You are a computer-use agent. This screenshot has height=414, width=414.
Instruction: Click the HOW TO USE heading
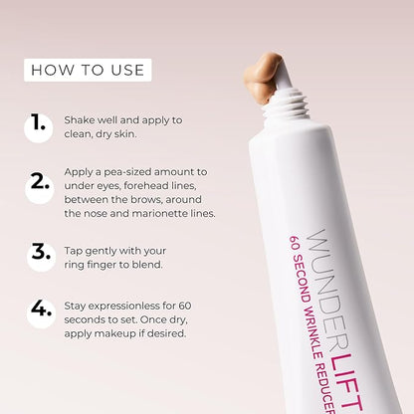click(88, 70)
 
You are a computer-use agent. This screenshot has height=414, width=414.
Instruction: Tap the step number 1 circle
click(39, 127)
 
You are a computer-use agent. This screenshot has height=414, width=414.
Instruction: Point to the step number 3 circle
click(41, 257)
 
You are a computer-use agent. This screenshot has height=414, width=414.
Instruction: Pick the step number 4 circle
click(41, 313)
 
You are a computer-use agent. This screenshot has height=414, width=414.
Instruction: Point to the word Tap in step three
click(73, 251)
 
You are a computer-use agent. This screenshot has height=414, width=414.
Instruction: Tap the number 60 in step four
click(185, 306)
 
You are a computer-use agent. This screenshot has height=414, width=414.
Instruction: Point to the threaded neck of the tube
click(286, 103)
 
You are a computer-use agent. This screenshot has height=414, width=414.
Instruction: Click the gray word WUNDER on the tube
click(326, 286)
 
